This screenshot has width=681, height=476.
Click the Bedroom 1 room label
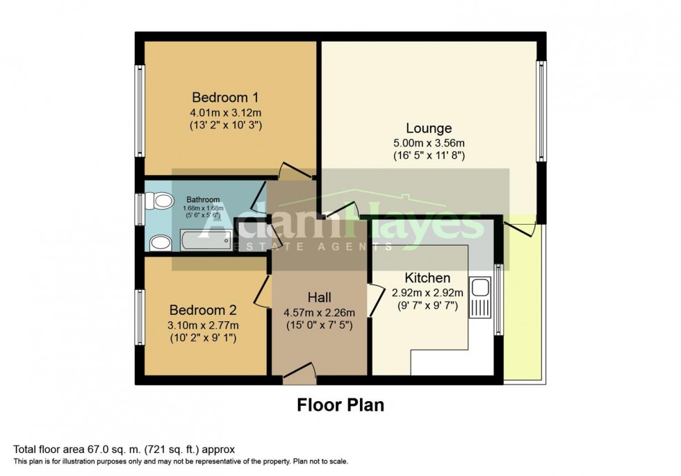[x=220, y=96]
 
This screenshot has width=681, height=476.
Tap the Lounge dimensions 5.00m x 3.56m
[x=429, y=143]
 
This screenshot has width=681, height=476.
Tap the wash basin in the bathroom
[x=161, y=242]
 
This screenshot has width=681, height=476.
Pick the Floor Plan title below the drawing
[x=340, y=405]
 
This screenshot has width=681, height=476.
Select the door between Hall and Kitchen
[x=375, y=300]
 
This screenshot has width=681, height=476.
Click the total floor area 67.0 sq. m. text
[x=129, y=450]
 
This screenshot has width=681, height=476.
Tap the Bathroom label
[x=203, y=200]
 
